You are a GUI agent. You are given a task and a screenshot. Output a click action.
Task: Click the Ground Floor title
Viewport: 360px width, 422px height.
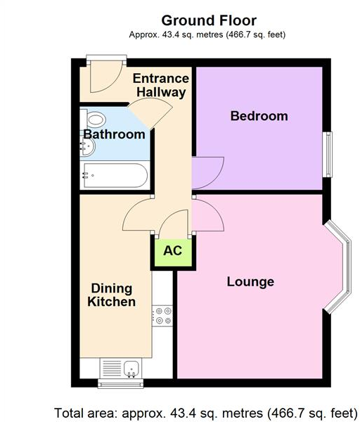pyautogui.click(x=209, y=20)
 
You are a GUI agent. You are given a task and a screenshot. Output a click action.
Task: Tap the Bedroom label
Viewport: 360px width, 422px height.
pyautogui.click(x=259, y=116)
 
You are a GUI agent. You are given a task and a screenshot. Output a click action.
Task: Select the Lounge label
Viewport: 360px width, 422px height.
pyautogui.click(x=250, y=282)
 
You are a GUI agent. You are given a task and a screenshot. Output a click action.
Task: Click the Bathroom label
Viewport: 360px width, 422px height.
pyautogui.click(x=114, y=134)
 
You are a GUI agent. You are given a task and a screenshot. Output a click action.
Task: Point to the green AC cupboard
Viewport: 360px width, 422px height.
pyautogui.click(x=172, y=251)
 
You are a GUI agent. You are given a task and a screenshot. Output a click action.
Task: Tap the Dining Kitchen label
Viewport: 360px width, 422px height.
pyautogui.click(x=111, y=295)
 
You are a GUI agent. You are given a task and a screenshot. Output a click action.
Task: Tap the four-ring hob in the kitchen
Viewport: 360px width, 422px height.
pyautogui.click(x=163, y=316)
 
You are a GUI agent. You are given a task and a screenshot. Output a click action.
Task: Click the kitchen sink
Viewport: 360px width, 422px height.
pyautogui.click(x=121, y=368)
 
